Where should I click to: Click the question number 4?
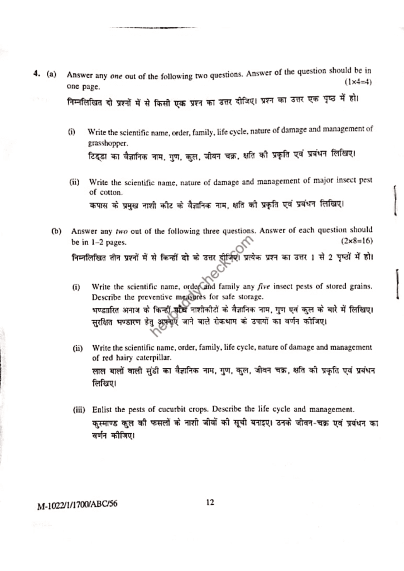coord(35,74)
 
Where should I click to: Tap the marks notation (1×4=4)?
coord(356,82)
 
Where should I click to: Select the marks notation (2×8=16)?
coord(356,241)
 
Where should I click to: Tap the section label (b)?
coord(56,230)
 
